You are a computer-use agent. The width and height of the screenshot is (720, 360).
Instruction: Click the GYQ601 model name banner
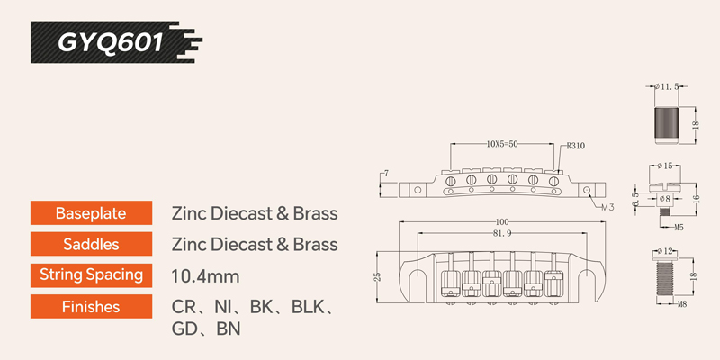pos(116,42)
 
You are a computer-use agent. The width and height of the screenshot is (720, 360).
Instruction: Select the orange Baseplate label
pos(91,213)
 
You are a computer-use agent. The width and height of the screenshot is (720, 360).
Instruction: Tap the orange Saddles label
pos(91,244)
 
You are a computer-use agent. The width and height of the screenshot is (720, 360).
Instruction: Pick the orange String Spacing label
pos(91,275)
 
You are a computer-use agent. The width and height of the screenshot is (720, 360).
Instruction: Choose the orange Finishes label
pos(91,306)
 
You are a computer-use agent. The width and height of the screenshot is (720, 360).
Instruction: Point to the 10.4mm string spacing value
pos(205,276)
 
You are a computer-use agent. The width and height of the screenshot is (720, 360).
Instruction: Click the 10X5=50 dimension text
pos(502,144)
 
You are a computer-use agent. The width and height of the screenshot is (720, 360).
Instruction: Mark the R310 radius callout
pos(577,147)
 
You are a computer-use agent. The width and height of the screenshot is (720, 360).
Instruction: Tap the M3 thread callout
pos(607,207)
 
